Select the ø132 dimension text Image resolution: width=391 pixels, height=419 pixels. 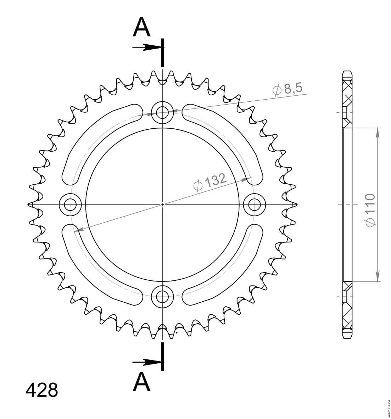tap(210, 182)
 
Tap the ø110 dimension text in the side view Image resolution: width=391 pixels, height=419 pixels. tap(370, 210)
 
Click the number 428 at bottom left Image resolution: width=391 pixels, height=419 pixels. tap(42, 390)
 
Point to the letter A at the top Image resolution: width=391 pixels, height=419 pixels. tap(142, 27)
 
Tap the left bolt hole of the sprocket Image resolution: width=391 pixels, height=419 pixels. tap(70, 205)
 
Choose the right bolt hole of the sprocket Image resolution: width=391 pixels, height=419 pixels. tap(255, 205)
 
